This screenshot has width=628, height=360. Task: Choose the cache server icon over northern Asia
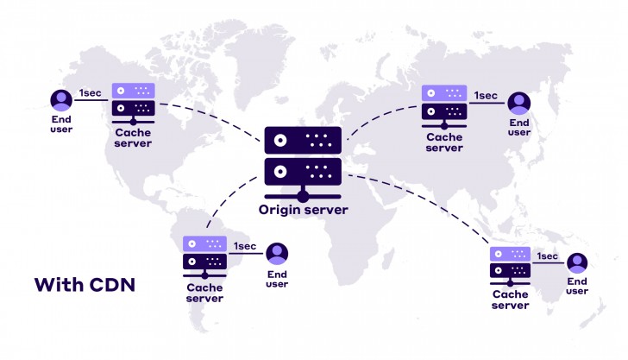(443, 103)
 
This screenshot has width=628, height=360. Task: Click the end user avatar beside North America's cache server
(60, 101)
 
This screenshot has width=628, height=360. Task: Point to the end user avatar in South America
(277, 255)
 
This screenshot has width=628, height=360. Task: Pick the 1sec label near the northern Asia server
(486, 95)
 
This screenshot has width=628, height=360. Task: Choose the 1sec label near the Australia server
(547, 256)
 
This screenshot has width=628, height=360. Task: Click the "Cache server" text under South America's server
(204, 294)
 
